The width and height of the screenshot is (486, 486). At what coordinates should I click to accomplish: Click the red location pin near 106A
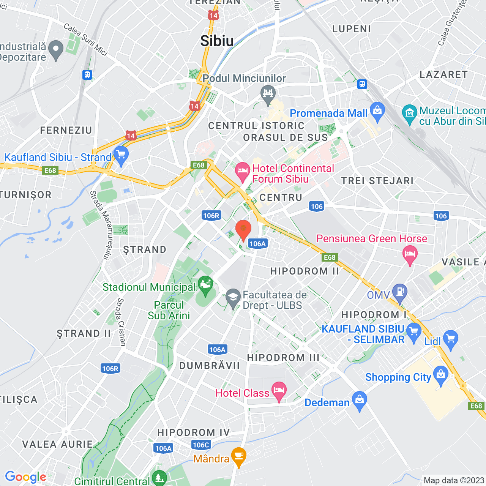coord(243,229)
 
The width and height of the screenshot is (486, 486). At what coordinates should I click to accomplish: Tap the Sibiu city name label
coord(217,41)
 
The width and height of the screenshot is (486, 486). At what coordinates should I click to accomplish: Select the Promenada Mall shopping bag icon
coord(377,111)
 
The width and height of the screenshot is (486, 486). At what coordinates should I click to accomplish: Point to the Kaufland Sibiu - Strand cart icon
coord(121,155)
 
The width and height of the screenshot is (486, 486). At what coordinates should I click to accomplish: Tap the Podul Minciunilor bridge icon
coord(268,93)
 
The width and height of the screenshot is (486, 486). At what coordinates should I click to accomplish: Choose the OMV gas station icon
coord(400,292)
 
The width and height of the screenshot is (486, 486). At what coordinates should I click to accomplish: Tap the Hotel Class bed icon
coord(279,390)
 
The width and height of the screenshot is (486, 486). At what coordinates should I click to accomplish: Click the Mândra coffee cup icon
coord(238,456)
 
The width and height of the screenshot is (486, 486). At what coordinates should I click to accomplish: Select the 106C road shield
coord(201,445)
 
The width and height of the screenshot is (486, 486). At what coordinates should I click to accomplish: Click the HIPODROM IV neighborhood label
coord(194,432)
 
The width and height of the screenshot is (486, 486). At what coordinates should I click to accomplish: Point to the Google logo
coord(25,477)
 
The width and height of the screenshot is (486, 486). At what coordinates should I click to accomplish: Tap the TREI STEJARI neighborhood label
coord(377,181)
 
